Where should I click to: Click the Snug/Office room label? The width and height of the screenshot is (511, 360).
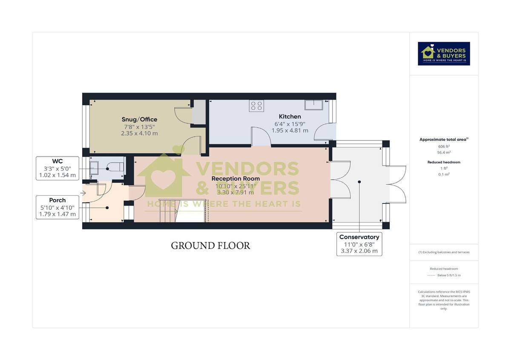139,120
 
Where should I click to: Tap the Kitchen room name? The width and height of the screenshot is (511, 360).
290,116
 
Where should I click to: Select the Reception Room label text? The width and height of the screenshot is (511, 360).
235,179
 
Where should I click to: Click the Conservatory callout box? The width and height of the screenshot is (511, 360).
359,244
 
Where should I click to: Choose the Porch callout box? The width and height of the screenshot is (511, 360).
57,207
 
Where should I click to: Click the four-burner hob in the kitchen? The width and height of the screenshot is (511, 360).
256,105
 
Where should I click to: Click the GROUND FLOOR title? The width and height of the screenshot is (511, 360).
210,246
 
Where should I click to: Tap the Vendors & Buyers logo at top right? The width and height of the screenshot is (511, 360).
444,53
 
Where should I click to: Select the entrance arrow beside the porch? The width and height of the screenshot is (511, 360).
82,193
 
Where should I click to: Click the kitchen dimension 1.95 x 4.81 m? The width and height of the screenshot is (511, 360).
290,130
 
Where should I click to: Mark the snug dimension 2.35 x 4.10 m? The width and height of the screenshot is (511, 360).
139,133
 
